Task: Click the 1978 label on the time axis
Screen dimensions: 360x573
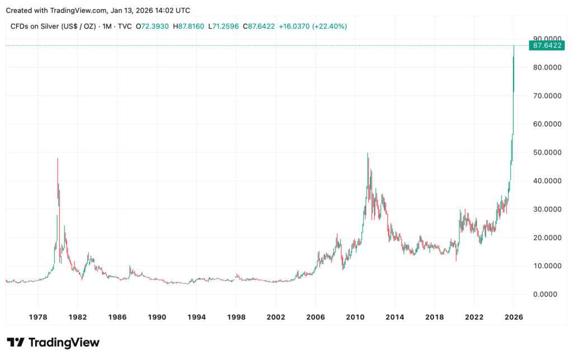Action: pyautogui.click(x=37, y=317)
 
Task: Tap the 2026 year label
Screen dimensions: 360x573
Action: pyautogui.click(x=514, y=317)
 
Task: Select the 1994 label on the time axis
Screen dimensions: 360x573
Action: pyautogui.click(x=196, y=317)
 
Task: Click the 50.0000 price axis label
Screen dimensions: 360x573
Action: pyautogui.click(x=548, y=152)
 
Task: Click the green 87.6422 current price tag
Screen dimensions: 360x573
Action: pyautogui.click(x=548, y=45)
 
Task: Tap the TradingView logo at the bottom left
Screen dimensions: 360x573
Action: pyautogui.click(x=53, y=343)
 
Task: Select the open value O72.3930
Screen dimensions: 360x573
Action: pyautogui.click(x=151, y=26)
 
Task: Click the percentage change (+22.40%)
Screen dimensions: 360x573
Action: pyautogui.click(x=330, y=26)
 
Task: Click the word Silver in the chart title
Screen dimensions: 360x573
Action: pyautogui.click(x=48, y=26)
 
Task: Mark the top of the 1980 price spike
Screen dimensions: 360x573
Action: pyautogui.click(x=58, y=158)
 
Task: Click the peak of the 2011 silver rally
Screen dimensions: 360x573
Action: pyautogui.click(x=368, y=153)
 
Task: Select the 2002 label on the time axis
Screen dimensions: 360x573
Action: pyautogui.click(x=276, y=317)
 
